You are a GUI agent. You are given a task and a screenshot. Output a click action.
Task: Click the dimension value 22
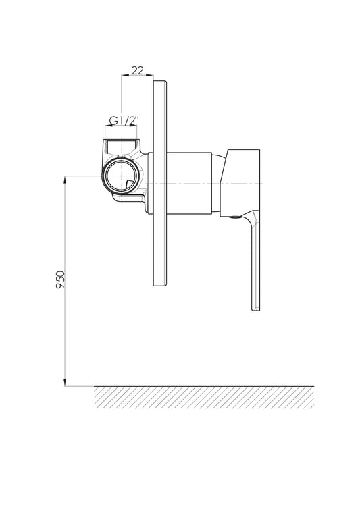point(137,70)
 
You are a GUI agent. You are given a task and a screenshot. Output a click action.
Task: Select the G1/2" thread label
point(124,121)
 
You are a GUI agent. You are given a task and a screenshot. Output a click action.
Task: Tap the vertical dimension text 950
point(60,279)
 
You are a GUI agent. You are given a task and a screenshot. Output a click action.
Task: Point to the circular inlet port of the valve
point(120,176)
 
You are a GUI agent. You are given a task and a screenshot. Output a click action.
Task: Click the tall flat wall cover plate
point(160,183)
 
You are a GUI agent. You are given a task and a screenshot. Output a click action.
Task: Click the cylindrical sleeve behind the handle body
point(190,183)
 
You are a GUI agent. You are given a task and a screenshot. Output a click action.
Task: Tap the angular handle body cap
point(240,183)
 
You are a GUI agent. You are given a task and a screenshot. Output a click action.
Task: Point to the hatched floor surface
point(204,397)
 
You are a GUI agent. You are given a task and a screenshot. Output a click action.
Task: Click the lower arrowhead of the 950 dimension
point(65,382)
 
